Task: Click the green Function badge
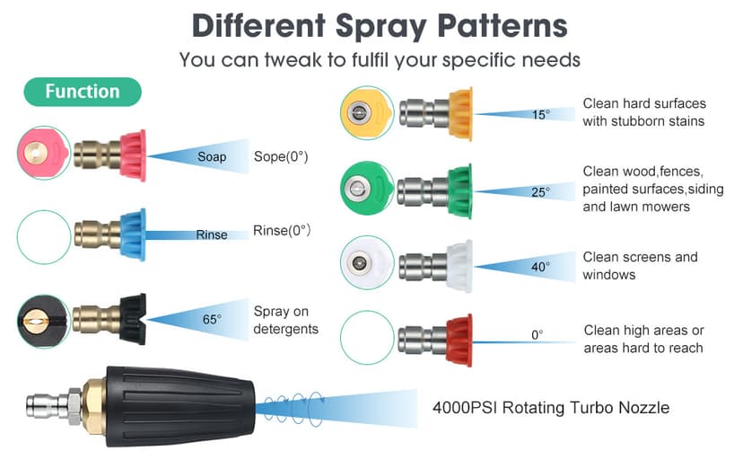point(83,92)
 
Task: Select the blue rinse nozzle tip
point(132,234)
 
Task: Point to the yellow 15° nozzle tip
point(459,113)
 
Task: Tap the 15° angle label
point(539,114)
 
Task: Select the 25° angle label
point(540,190)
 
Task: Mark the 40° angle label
point(540,266)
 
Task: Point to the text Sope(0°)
point(281,156)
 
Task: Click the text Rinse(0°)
point(282,230)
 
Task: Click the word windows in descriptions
point(609,274)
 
